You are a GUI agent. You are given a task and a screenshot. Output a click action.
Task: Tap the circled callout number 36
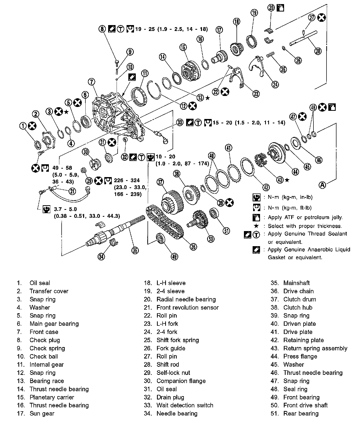coord(193,246)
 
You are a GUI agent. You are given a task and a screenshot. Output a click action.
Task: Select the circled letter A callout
coord(323,185)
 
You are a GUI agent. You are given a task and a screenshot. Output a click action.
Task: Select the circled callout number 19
coord(254,13)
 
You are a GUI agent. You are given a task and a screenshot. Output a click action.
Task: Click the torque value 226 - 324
coord(127,180)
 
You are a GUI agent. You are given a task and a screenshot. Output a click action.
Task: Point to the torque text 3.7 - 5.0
coord(65,209)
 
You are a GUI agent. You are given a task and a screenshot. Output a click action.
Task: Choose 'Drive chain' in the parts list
coord(298,291)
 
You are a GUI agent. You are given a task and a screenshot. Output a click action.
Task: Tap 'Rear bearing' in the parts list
coord(301,413)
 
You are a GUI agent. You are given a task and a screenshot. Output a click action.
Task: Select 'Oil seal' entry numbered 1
coord(40,283)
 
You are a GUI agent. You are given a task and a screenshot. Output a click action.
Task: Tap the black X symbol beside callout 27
coord(322,18)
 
